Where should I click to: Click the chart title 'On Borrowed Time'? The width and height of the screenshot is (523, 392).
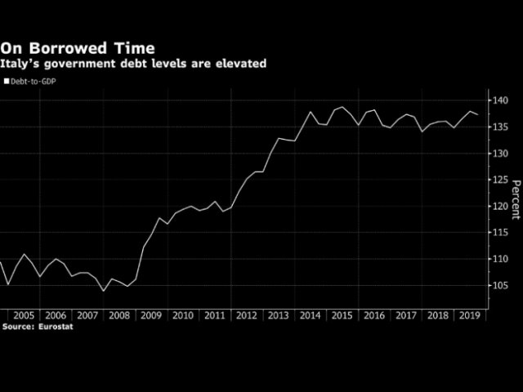click(77, 49)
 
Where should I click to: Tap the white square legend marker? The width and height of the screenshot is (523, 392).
click(6, 82)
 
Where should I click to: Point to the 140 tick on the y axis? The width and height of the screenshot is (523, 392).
click(501, 100)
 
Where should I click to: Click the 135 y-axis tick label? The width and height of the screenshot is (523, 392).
click(501, 127)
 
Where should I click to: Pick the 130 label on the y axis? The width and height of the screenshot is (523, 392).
click(501, 154)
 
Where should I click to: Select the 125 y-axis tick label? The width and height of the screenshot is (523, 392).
click(501, 180)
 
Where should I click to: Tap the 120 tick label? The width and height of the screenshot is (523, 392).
click(501, 206)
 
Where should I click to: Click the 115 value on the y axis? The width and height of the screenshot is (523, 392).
click(501, 233)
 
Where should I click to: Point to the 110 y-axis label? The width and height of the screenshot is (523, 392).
click(501, 259)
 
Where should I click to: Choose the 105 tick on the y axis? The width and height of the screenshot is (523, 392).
click(501, 285)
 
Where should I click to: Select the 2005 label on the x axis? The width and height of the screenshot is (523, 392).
click(25, 314)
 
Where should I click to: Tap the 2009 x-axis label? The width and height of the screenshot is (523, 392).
click(151, 314)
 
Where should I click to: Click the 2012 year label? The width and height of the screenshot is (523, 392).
click(246, 314)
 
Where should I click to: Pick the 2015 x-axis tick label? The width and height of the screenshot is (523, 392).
click(341, 314)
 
